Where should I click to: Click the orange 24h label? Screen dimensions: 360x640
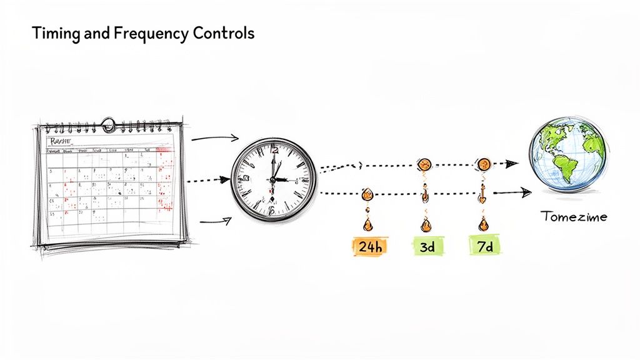point(370,246)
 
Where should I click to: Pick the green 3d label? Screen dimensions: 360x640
point(427,246)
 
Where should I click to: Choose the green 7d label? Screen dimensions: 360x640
point(484,246)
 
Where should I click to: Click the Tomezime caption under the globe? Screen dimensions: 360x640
point(573,217)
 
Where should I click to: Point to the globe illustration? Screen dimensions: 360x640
point(567,154)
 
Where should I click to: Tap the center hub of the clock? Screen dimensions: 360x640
point(273,179)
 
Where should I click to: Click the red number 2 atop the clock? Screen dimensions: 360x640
point(274,151)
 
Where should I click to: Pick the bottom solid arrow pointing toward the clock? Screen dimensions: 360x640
point(216,219)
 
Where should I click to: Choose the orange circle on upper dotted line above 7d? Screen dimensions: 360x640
point(483,164)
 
